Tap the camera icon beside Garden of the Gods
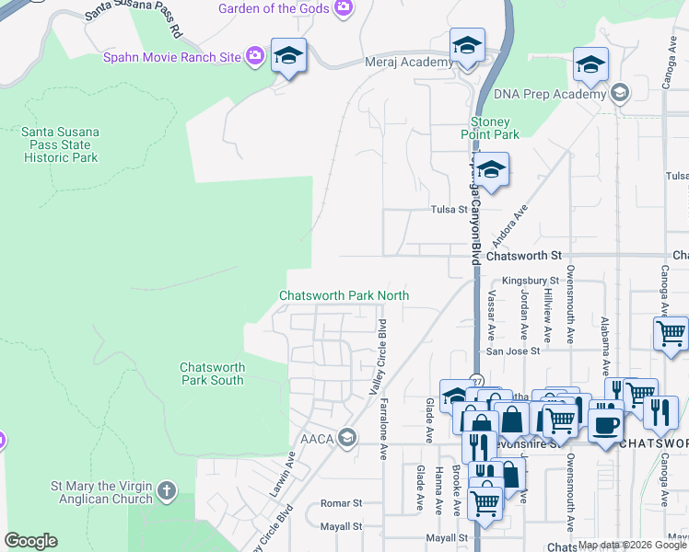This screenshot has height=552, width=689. pos(344,8)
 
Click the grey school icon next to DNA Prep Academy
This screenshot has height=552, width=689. pos(620,93)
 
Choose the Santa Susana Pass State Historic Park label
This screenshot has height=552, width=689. pos(60,144)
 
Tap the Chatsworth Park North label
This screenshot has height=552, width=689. pos(344,295)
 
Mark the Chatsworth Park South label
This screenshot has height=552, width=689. pos(212,373)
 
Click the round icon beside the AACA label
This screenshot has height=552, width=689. pos(346,436)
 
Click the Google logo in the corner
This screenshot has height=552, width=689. pos(30,541)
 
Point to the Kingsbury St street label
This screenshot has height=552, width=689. pos(530,280)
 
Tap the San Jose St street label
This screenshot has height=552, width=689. pos(513,351)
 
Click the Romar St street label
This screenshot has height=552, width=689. pos(341,503)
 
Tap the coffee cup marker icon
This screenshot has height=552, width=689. pos(605,424)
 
